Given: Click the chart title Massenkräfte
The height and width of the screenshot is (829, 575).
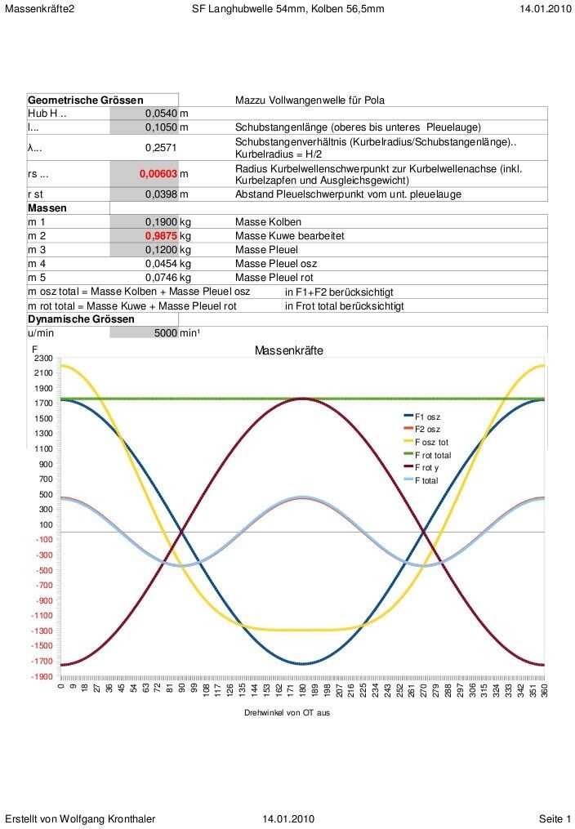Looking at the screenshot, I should pyautogui.click(x=288, y=350).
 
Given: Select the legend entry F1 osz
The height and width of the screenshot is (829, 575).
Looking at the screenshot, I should pyautogui.click(x=427, y=417).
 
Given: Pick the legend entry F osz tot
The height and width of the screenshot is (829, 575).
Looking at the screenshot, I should pyautogui.click(x=432, y=442).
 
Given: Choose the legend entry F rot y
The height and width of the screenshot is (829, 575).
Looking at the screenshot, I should pyautogui.click(x=427, y=468).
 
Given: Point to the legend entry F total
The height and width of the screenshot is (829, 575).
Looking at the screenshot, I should pyautogui.click(x=426, y=481).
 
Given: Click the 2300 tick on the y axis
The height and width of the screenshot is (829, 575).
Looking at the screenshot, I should pyautogui.click(x=42, y=359).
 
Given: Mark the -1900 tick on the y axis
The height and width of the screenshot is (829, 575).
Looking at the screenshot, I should pyautogui.click(x=42, y=677).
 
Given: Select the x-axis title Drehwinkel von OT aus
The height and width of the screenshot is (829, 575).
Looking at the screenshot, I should pyautogui.click(x=287, y=713).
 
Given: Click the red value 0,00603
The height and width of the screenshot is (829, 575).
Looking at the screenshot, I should pyautogui.click(x=158, y=174).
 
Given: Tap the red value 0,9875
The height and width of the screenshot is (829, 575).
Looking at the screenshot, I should pyautogui.click(x=162, y=235).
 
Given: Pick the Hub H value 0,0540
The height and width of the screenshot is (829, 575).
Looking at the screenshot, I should pyautogui.click(x=161, y=114).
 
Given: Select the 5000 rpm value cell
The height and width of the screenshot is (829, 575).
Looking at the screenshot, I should pyautogui.click(x=160, y=333).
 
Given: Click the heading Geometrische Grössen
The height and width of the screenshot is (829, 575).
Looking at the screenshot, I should pyautogui.click(x=86, y=100).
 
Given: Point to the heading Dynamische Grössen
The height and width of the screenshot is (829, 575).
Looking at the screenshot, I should pyautogui.click(x=81, y=319).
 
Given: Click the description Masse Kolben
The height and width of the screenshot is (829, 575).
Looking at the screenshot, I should pyautogui.click(x=268, y=221).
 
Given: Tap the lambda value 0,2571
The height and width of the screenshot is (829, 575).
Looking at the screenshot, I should pyautogui.click(x=161, y=148).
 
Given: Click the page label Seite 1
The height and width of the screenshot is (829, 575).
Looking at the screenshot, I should pyautogui.click(x=555, y=818).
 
